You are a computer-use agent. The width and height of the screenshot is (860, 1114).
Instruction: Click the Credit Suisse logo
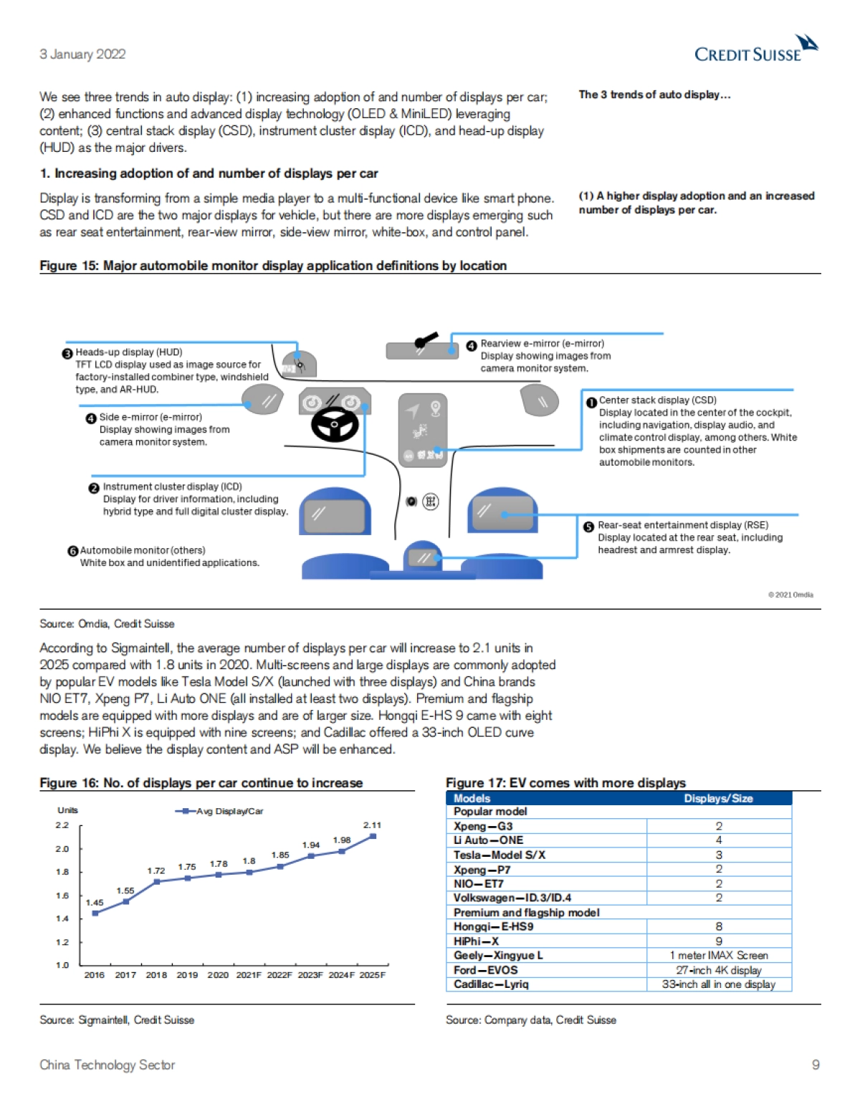(756, 50)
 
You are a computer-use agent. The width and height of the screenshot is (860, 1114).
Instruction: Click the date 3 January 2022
(82, 54)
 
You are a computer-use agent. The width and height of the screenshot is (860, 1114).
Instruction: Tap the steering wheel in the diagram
(335, 423)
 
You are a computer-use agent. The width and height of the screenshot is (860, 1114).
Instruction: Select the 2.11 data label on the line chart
(372, 825)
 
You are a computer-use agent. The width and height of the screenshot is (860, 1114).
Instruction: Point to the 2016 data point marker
(95, 913)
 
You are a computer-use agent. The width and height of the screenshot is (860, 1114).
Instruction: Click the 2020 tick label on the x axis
(218, 975)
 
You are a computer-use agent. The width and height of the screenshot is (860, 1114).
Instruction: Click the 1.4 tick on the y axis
(62, 918)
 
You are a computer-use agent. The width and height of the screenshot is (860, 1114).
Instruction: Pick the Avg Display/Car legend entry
(221, 811)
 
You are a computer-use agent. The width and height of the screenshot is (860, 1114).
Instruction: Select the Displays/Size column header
(718, 799)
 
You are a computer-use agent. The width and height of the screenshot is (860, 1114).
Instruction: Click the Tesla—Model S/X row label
(499, 855)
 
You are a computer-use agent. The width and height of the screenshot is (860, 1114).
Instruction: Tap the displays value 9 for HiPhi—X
(719, 941)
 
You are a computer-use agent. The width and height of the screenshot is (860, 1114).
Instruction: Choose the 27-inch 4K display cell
(719, 970)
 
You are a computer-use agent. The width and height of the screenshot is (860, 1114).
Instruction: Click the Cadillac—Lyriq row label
(491, 984)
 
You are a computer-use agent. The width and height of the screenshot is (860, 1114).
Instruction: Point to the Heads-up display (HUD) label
(129, 352)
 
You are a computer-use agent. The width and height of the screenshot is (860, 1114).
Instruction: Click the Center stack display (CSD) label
(657, 400)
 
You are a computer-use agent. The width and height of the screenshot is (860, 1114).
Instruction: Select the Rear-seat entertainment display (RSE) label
(683, 525)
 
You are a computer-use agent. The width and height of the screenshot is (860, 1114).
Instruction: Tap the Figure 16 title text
(201, 783)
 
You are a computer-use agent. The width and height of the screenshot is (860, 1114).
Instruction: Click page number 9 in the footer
(816, 1065)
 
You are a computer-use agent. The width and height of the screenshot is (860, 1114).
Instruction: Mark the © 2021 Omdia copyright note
(790, 595)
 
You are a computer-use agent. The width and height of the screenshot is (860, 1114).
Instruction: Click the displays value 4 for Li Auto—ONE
(719, 840)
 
